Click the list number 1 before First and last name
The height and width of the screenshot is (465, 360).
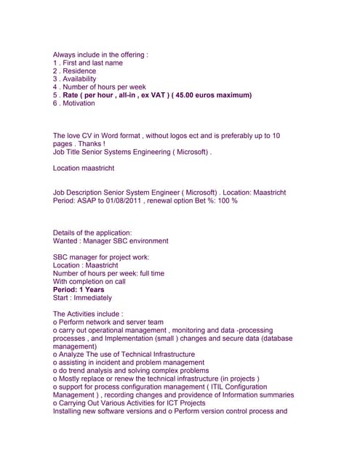[55, 63]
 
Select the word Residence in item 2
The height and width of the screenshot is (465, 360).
[79, 71]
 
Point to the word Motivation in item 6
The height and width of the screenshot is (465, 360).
[79, 103]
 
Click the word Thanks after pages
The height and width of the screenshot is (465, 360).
[86, 144]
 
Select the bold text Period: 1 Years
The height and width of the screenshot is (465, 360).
[79, 289]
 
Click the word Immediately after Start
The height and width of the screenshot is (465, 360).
[92, 297]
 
